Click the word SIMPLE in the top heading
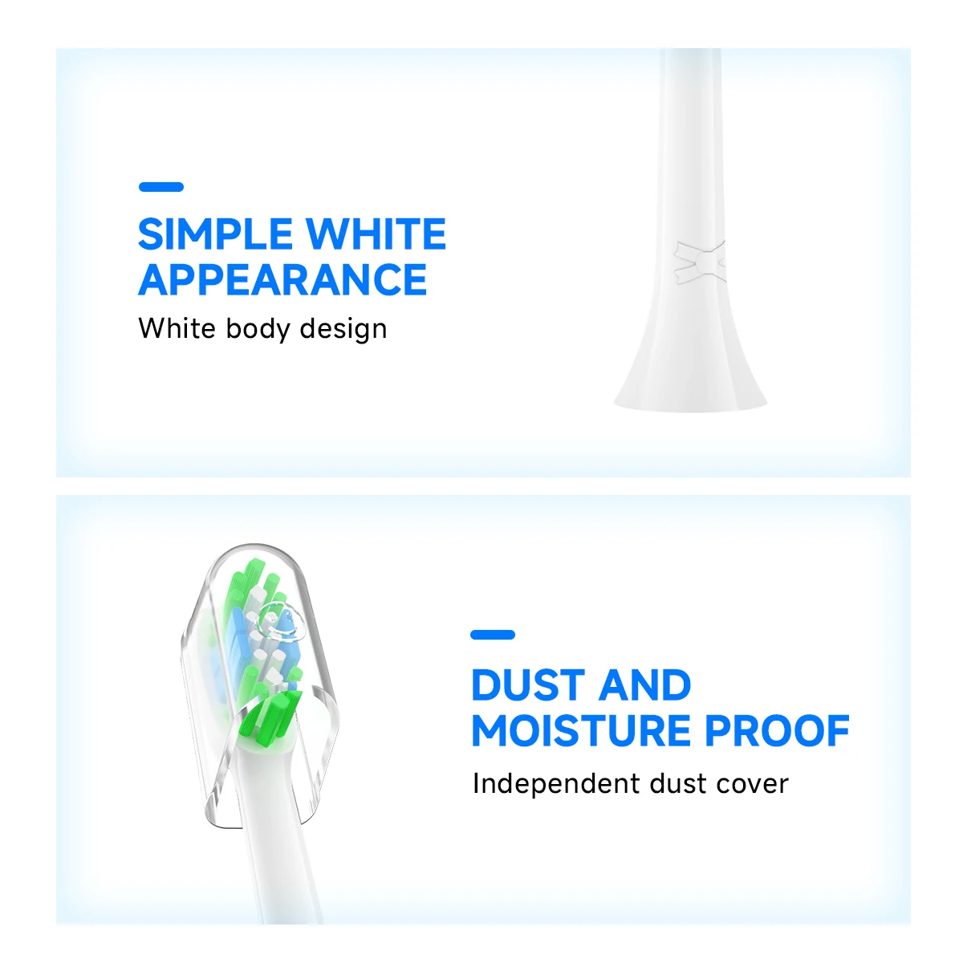(214, 234)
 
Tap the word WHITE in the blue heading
(376, 234)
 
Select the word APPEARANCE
(282, 279)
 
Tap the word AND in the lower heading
(645, 685)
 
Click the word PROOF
(777, 730)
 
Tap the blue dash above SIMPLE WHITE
(161, 187)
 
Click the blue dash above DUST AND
(493, 635)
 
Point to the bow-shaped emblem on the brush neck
(698, 261)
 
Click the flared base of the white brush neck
(690, 385)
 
